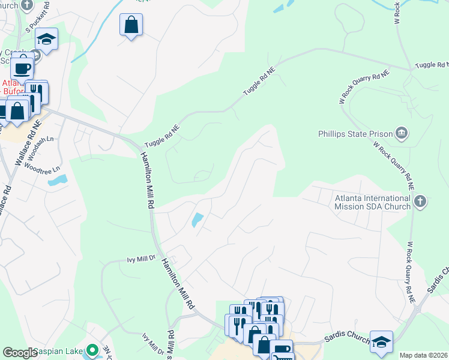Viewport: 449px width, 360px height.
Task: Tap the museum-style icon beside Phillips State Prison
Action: coord(402,133)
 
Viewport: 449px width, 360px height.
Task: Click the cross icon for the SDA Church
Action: coord(420,202)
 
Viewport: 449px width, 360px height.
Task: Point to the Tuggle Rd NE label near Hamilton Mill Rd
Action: coord(162,137)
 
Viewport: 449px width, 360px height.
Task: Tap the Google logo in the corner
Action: coord(20,353)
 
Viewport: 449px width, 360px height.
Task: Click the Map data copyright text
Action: coord(423,355)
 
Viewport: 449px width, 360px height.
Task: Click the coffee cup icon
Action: coord(22,66)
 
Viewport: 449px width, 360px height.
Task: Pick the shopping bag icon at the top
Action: coord(131,25)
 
